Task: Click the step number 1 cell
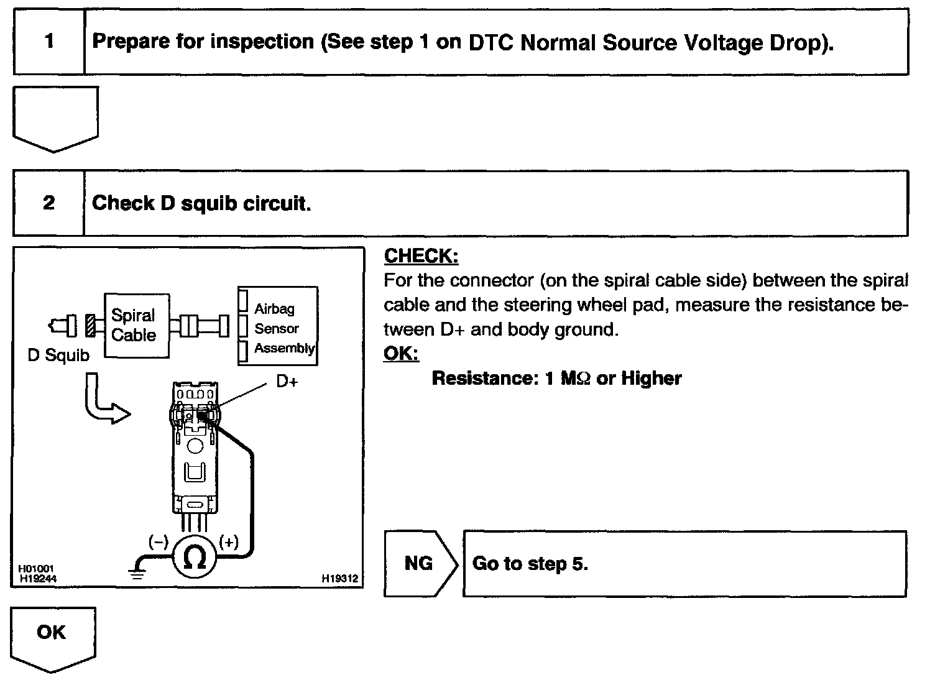coord(48,42)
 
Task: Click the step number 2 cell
coord(48,203)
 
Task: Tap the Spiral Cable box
coord(136,325)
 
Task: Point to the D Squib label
coord(58,356)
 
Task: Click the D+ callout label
coord(287,381)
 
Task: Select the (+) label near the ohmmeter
coord(229,542)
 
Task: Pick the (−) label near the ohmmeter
coord(158,542)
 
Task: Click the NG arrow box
coord(419,564)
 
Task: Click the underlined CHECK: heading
coord(421,256)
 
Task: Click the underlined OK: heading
coord(401,354)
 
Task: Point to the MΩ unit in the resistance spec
coord(575,379)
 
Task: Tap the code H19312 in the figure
coord(339,578)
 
